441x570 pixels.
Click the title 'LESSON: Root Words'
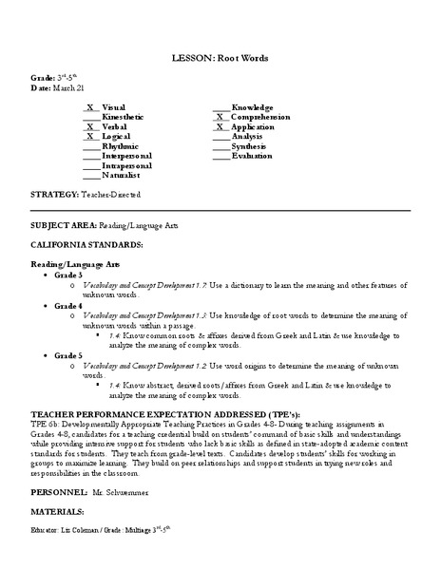(x=220, y=57)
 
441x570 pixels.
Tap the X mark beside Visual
(x=90, y=107)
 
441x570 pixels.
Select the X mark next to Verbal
(x=90, y=126)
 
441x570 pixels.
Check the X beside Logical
(x=90, y=136)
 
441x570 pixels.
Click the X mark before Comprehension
(x=220, y=117)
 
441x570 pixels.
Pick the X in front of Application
(x=220, y=126)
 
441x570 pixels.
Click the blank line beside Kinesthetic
(x=90, y=117)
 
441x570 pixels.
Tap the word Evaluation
(x=252, y=156)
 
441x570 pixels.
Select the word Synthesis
(x=251, y=146)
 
